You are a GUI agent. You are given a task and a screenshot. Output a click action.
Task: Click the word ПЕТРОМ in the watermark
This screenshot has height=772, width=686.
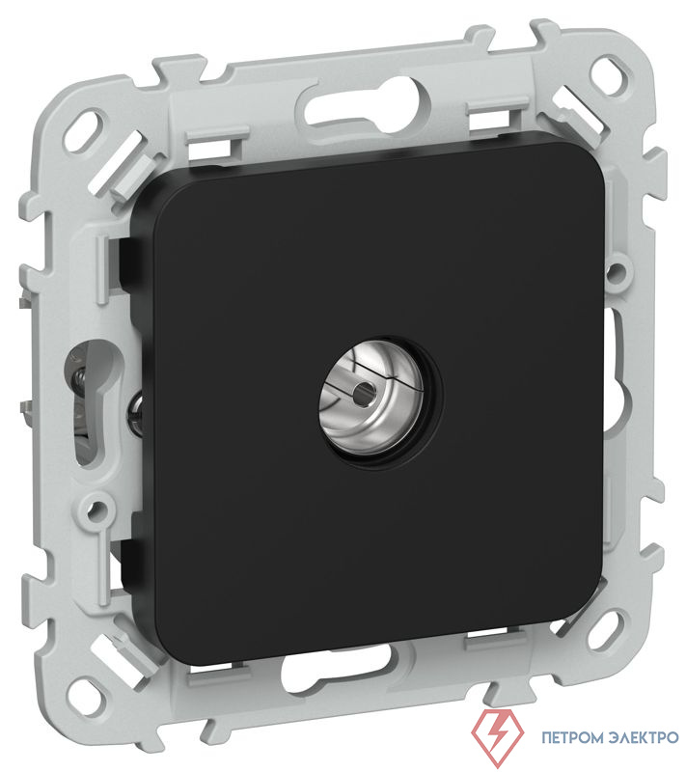(x=572, y=737)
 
